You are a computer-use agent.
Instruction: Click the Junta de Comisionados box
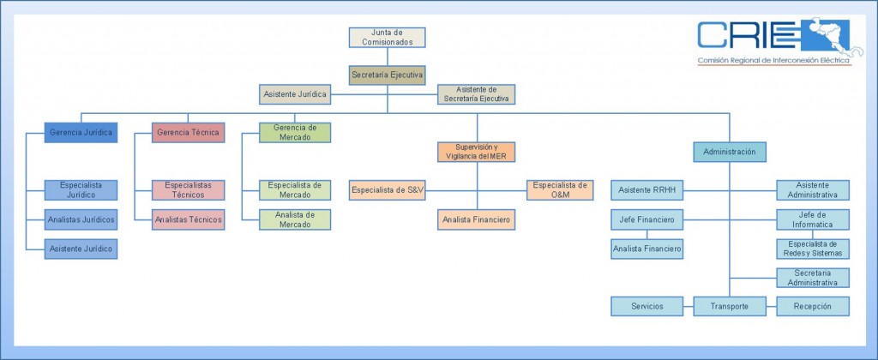(387, 37)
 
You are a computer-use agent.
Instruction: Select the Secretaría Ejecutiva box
(387, 75)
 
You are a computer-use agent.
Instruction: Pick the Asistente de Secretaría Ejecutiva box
(476, 93)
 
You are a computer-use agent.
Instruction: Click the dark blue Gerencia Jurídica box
(81, 133)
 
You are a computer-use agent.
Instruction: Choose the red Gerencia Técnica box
(188, 133)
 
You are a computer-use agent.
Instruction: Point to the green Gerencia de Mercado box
(296, 132)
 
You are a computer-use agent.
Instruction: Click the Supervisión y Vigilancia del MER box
(476, 152)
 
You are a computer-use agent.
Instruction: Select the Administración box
(729, 152)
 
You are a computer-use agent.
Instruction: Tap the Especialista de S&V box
(387, 189)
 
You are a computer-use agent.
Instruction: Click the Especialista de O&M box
(559, 189)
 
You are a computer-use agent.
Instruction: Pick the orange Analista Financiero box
(476, 220)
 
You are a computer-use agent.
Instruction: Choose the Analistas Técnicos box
(188, 220)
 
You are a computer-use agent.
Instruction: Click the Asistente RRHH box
(646, 189)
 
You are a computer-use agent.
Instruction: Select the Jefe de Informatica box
(812, 219)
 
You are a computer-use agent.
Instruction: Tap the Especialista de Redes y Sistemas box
(812, 249)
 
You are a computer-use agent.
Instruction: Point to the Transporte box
(729, 306)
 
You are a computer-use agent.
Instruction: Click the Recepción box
(812, 306)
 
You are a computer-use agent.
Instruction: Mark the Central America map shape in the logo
(828, 39)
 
